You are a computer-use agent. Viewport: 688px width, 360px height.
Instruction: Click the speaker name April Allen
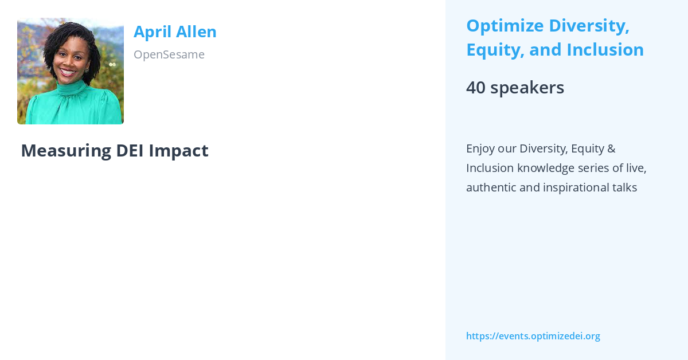(x=175, y=32)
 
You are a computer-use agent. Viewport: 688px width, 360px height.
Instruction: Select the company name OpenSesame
(x=169, y=54)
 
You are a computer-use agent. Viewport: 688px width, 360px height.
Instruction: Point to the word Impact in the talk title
(x=178, y=150)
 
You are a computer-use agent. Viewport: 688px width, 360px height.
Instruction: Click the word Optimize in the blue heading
(x=505, y=26)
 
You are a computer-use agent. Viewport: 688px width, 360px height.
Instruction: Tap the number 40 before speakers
(x=475, y=88)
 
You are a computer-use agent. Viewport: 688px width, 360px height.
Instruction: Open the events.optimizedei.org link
(x=533, y=336)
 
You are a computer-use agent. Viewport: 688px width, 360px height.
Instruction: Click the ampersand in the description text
(x=611, y=148)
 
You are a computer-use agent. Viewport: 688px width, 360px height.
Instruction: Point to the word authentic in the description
(x=491, y=187)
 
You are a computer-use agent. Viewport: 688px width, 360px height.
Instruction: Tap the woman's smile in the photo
(x=68, y=73)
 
